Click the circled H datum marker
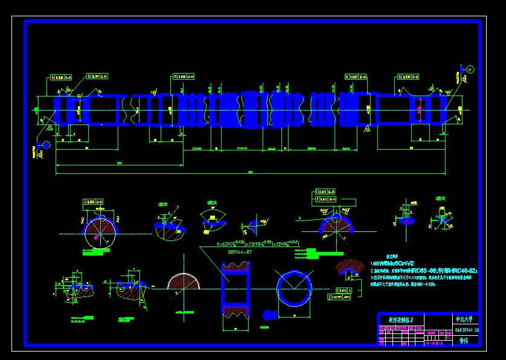point(470,70)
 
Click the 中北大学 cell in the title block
point(466,318)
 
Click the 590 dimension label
point(120,163)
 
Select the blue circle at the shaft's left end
point(44,144)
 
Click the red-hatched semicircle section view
point(183,282)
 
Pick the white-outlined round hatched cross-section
point(99,232)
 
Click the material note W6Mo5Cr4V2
point(392,264)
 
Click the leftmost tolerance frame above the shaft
point(62,77)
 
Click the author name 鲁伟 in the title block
point(464,341)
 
